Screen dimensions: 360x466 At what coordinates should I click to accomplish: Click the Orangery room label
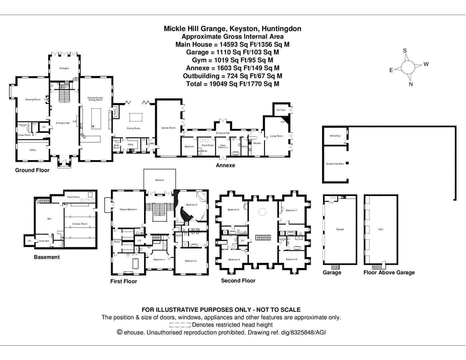tap(64, 68)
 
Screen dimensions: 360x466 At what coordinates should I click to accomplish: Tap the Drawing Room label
tap(33, 99)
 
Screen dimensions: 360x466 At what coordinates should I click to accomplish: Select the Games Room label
tap(168, 128)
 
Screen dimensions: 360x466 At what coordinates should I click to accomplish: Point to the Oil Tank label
tap(281, 110)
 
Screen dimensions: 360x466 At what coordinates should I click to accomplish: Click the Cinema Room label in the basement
tap(80, 224)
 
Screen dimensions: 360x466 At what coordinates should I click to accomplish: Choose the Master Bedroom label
tap(128, 210)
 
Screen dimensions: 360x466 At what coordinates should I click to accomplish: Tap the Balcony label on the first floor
tap(160, 180)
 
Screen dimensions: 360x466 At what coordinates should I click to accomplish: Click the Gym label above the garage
tap(381, 229)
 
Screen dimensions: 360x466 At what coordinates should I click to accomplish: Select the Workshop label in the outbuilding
tap(335, 136)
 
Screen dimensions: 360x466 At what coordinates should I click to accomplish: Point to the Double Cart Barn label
tap(335, 164)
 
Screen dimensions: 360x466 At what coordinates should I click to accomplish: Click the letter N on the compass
tap(411, 84)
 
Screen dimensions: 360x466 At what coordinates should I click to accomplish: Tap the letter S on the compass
tap(405, 51)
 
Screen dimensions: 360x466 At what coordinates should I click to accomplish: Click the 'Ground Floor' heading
tap(32, 170)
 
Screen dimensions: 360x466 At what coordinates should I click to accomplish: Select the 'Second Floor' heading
tap(238, 281)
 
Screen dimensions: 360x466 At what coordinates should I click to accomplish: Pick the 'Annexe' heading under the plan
tap(225, 165)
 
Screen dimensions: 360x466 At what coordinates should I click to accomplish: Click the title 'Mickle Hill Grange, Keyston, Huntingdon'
tap(232, 29)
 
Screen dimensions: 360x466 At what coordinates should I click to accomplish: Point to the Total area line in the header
tap(232, 84)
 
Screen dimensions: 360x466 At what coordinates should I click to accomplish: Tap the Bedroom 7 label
tap(291, 210)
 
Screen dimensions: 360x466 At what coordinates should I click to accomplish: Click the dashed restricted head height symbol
tap(180, 325)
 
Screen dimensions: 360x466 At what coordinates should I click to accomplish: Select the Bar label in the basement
tap(49, 219)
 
